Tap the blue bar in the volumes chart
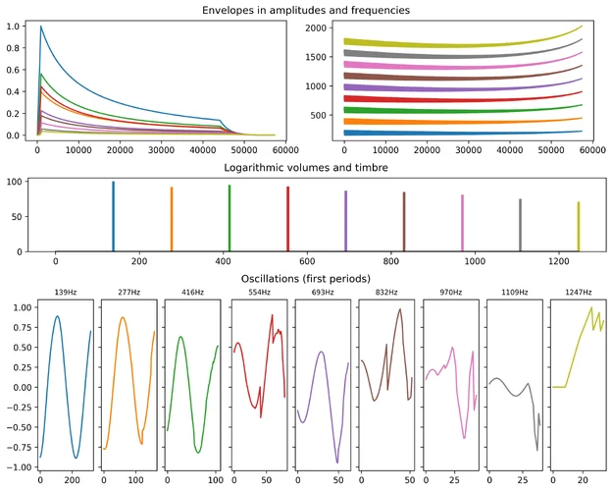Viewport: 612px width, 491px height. click(x=113, y=216)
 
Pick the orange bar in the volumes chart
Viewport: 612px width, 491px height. click(x=172, y=219)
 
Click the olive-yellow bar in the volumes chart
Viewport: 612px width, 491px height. click(x=579, y=227)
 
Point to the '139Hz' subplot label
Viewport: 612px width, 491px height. click(x=66, y=293)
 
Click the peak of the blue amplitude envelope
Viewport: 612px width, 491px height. click(x=40, y=27)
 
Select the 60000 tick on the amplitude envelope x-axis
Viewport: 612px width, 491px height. click(x=286, y=148)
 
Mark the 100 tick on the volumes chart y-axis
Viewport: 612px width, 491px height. click(x=17, y=183)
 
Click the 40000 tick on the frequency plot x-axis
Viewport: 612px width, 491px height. click(x=508, y=148)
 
